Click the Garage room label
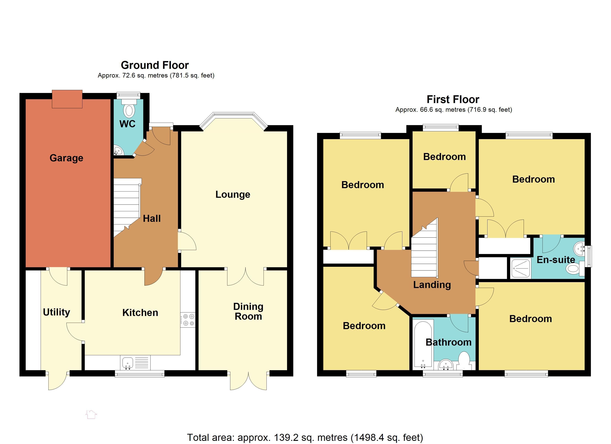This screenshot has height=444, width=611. [x=66, y=158]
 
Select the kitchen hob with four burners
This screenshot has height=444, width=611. [x=188, y=320]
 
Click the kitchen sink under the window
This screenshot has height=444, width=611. [x=128, y=363]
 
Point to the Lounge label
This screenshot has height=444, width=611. [x=233, y=194]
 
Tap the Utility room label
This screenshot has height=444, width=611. [x=57, y=312]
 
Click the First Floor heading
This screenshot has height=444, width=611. [x=453, y=99]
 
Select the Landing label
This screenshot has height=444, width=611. [x=432, y=285]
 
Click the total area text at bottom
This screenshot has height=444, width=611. [x=305, y=438]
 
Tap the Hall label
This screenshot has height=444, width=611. [x=152, y=218]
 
